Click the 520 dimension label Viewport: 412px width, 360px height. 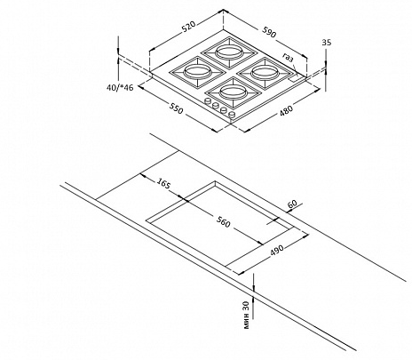pyautogui.click(x=188, y=27)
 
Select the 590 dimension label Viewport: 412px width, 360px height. pyautogui.click(x=269, y=32)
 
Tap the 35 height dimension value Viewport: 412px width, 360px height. pyautogui.click(x=327, y=43)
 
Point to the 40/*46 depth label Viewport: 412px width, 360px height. pyautogui.click(x=121, y=88)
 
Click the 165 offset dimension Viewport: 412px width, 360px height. pyautogui.click(x=163, y=182)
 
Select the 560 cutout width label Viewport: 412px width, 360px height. pyautogui.click(x=223, y=222)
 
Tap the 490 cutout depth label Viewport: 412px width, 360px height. pyautogui.click(x=277, y=251)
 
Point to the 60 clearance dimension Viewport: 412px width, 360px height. pyautogui.click(x=292, y=204)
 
